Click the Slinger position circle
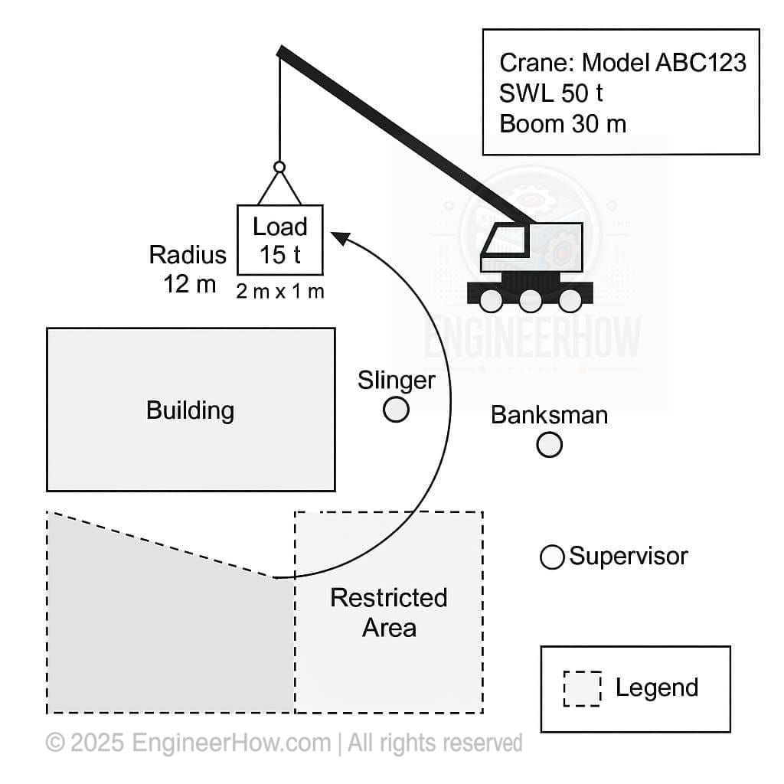click(396, 410)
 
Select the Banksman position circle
click(549, 444)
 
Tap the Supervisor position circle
click(551, 557)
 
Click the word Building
click(190, 410)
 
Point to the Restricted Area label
click(389, 612)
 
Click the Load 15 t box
click(279, 240)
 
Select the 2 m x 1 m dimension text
click(279, 292)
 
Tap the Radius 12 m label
click(188, 269)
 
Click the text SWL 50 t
click(551, 93)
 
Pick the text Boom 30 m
click(563, 123)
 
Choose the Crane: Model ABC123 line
click(622, 62)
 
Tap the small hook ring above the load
click(279, 167)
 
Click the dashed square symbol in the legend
click(582, 688)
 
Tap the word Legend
click(657, 688)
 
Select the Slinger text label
click(396, 381)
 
